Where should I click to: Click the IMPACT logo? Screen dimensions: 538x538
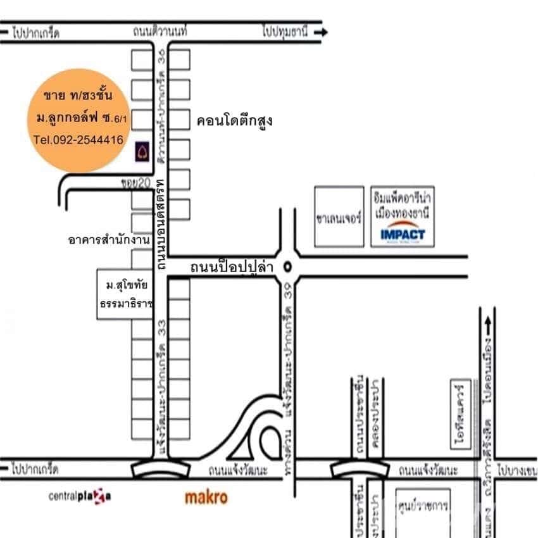tap(403, 235)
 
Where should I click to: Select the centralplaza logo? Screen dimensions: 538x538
tap(80, 496)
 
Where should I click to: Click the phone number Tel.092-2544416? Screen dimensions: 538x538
tap(78, 141)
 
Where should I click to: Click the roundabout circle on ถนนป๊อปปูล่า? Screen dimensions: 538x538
tap(289, 266)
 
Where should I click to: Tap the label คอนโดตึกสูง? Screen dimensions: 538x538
tap(234, 120)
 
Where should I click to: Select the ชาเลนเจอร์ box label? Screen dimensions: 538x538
tap(339, 218)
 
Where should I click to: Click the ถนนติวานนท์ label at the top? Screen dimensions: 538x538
tap(162, 31)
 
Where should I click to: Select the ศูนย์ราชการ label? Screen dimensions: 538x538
tap(422, 507)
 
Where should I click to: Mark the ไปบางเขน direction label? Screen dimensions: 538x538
tap(516, 471)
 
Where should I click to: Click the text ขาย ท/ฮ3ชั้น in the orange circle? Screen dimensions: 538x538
tap(78, 96)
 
